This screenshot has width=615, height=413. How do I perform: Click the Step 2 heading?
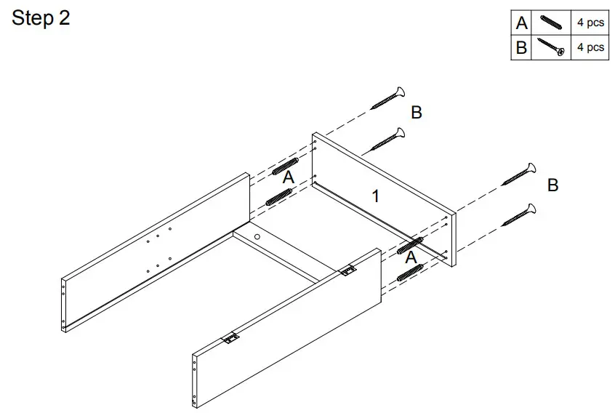coord(41,18)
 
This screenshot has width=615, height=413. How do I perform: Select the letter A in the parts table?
coord(521,23)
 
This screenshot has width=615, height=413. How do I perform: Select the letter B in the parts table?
coord(521,48)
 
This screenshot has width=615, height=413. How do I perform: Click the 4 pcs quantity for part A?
coord(590,23)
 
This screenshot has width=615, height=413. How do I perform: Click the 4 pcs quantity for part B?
coord(590,48)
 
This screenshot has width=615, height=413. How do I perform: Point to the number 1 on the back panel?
coord(375,196)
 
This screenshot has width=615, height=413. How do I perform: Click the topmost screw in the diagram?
coord(387,97)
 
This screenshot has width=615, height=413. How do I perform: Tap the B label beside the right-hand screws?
coord(552,185)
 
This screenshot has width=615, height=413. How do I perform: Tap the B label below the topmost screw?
coord(417,113)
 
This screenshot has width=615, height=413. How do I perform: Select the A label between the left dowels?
coord(288,177)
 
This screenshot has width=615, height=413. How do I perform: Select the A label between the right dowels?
coord(411,257)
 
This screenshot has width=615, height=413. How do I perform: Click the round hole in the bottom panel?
coord(258,237)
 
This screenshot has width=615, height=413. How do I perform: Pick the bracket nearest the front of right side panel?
coord(230,338)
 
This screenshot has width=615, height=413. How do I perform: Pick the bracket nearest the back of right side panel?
coord(348,270)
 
